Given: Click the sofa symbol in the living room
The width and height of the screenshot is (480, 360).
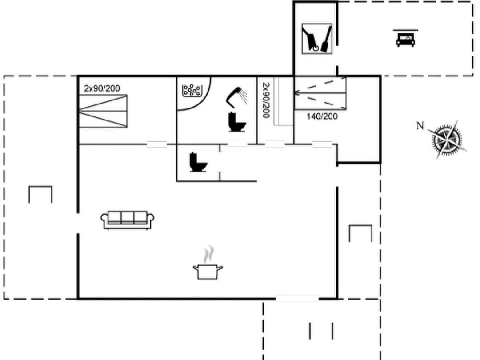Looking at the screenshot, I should pos(128,220).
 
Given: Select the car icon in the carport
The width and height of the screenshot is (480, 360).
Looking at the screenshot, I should pos(405,39).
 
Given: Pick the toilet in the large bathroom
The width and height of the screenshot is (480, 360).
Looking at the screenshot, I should pos(237,122).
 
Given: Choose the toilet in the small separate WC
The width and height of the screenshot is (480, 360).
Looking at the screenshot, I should pos(198,162).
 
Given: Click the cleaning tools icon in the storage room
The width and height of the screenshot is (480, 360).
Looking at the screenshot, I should pos(317,39).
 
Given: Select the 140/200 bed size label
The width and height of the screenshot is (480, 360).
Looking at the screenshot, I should pos(322,116).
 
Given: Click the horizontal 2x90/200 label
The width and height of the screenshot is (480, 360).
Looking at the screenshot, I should pos(102,88).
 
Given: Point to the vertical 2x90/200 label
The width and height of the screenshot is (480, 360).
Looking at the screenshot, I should pos(265,100).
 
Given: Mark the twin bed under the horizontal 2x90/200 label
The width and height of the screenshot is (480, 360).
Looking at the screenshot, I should pos(103,111).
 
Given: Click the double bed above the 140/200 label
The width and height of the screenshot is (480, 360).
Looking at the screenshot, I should pos(320,93).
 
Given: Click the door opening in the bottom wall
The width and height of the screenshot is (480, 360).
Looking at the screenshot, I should pos(297,299).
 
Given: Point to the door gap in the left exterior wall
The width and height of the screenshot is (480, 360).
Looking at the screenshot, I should pos(78,224).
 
